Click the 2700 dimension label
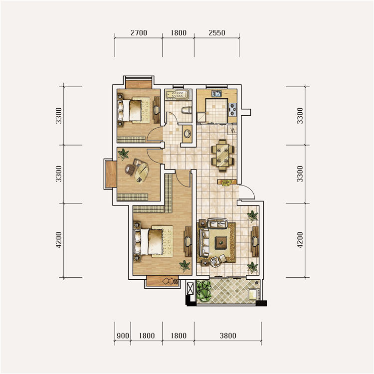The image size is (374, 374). click(x=139, y=33)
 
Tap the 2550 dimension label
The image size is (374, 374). click(x=217, y=33)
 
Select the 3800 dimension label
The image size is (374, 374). click(x=228, y=336)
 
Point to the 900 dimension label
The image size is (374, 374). click(x=123, y=336)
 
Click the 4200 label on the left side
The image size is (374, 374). click(x=59, y=240)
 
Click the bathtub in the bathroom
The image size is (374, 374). click(x=178, y=94)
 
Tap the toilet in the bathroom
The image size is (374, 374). click(x=187, y=111)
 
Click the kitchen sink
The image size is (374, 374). click(x=216, y=94)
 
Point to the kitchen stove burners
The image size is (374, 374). click(x=232, y=109)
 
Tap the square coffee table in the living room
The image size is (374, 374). click(x=221, y=243)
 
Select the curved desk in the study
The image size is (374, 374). click(x=142, y=172)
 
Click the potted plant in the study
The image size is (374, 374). click(x=123, y=154)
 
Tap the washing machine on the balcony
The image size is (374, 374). click(x=253, y=294)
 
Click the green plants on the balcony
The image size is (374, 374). click(x=204, y=291)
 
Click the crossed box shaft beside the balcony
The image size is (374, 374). click(x=190, y=289)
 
